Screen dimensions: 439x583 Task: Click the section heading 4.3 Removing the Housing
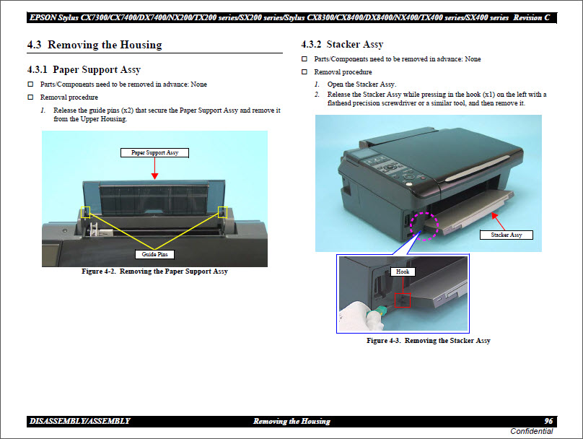pos(95,45)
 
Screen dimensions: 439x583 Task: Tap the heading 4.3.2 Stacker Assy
pos(342,45)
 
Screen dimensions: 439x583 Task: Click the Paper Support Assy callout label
pos(154,152)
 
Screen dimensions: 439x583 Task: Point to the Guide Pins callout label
pos(154,254)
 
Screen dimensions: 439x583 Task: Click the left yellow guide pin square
pos(86,212)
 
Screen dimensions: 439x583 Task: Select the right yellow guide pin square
pos(222,212)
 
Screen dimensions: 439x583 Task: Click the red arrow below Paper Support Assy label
pos(154,168)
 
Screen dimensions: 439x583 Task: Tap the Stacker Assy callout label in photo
pos(507,235)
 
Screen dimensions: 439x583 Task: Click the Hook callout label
pos(402,271)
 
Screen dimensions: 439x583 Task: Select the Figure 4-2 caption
pos(154,271)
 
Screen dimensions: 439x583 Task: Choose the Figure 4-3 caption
pos(428,340)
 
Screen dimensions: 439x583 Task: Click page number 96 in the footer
pos(549,421)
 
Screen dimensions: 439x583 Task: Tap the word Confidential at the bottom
pos(532,431)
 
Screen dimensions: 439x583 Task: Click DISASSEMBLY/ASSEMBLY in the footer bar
pos(80,421)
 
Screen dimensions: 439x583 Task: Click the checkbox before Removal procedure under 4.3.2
pos(305,72)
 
